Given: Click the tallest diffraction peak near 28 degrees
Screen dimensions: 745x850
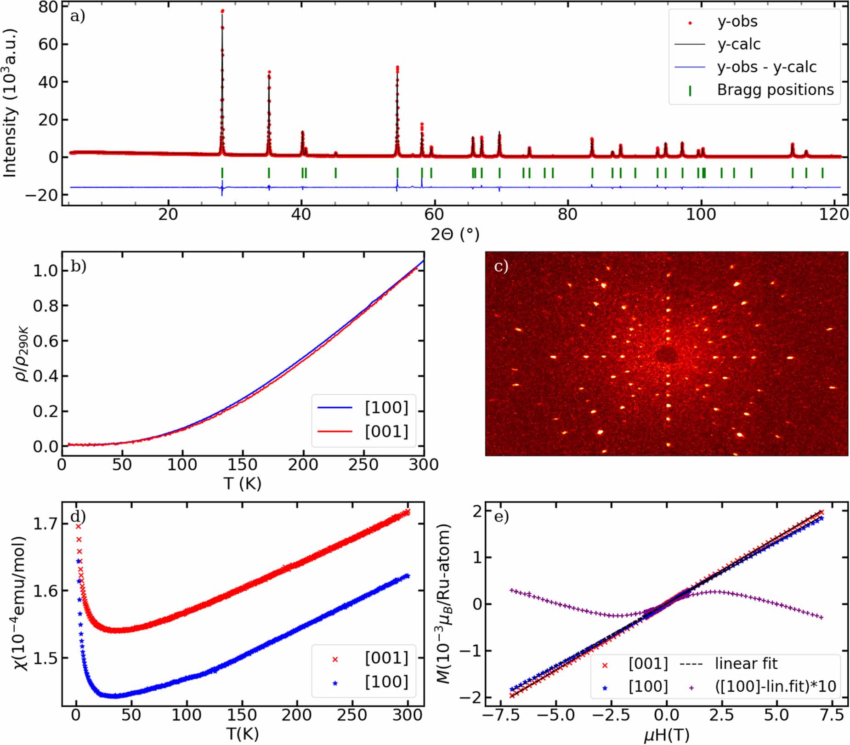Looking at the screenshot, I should (x=222, y=11).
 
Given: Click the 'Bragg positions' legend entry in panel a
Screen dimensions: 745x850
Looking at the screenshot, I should (x=775, y=90).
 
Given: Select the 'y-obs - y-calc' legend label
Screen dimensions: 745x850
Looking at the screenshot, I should (x=766, y=67).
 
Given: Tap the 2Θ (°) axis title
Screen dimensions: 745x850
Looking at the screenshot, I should (x=454, y=234).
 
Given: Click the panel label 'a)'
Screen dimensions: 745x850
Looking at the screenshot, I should (x=78, y=17).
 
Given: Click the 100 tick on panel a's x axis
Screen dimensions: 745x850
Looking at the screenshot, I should (x=700, y=214).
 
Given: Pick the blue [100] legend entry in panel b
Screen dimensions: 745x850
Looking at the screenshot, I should (x=386, y=407).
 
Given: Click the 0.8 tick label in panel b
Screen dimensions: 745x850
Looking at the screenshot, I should (x=45, y=306).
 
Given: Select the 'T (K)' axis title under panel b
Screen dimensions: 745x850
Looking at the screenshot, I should (x=242, y=483).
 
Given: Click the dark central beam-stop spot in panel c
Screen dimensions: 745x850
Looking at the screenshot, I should (x=665, y=355).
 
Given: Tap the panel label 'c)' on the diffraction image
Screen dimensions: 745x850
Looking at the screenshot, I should (x=501, y=267).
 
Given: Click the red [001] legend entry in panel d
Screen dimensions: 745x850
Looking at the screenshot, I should (x=386, y=658).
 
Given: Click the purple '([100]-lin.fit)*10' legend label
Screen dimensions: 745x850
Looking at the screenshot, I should (x=775, y=686).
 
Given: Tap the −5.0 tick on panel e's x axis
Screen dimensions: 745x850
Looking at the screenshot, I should (x=555, y=715).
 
